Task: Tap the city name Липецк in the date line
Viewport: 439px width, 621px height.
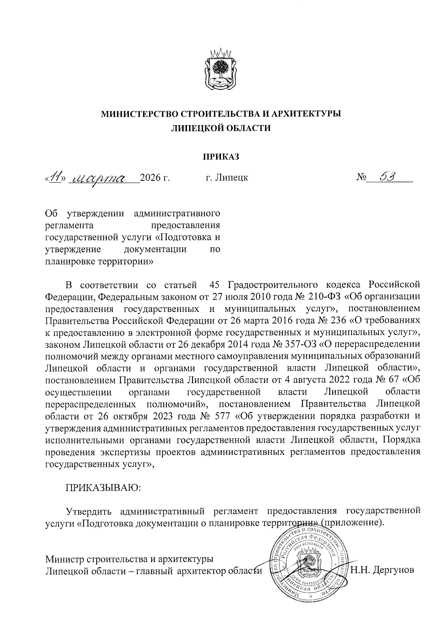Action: coord(232,178)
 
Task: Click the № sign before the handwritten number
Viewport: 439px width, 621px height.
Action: coord(361,178)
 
